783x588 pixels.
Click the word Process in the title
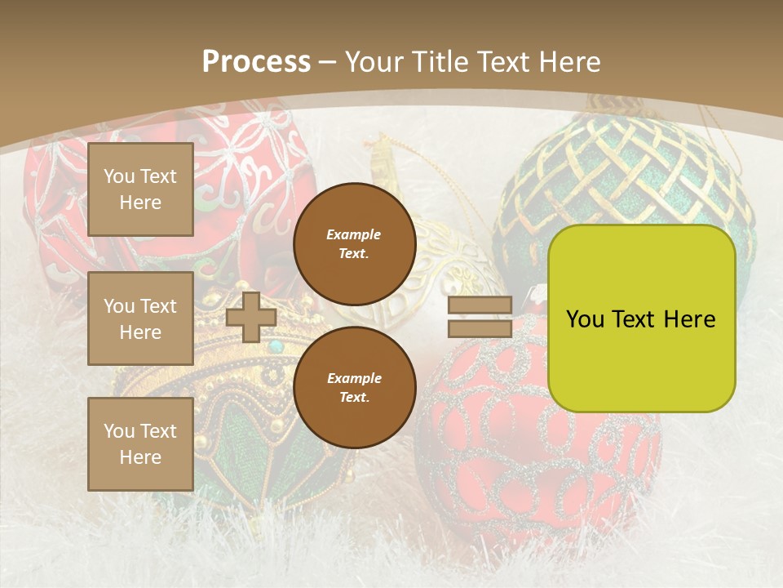[256, 62]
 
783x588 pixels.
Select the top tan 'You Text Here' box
[140, 189]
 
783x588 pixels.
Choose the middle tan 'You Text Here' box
[140, 318]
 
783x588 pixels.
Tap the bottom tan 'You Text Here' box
[140, 444]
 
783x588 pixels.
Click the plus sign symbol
[251, 317]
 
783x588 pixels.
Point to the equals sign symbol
[480, 317]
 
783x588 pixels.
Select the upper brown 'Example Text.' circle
[354, 244]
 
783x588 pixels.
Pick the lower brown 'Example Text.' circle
[354, 388]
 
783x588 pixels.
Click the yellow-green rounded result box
[641, 318]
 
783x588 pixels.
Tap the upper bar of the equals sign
[480, 305]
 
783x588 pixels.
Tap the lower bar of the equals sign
[480, 329]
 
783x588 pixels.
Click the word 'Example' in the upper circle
[354, 234]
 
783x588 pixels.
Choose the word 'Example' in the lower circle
[354, 378]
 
